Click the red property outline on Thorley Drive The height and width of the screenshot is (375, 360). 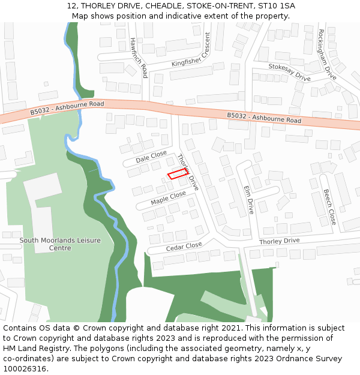tap(177, 175)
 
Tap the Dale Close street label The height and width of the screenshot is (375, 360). tap(151, 157)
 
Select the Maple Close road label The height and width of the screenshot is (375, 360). tap(169, 198)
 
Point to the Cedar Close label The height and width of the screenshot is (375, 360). tap(184, 246)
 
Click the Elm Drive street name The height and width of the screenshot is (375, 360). tap(248, 199)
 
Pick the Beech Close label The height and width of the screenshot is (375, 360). tap(329, 208)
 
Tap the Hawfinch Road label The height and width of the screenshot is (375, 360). tap(139, 58)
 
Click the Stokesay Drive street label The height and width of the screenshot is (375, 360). tap(289, 73)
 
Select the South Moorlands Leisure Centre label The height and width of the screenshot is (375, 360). tap(60, 244)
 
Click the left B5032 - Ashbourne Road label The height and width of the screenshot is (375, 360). tap(67, 108)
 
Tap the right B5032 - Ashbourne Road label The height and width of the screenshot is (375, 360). tap(264, 118)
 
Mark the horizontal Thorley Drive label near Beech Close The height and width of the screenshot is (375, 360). tap(279, 241)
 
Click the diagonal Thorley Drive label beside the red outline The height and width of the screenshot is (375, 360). tap(187, 172)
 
